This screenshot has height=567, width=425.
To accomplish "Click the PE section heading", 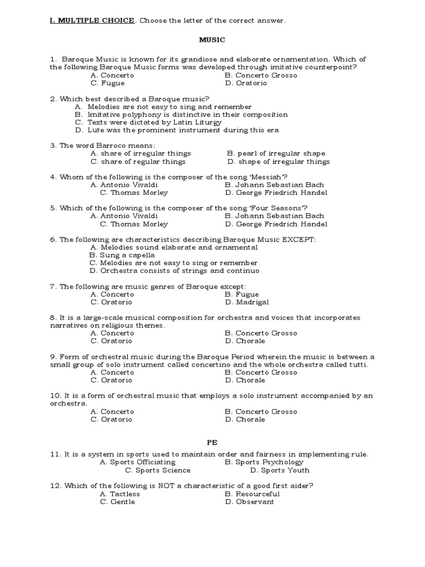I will point(212,442).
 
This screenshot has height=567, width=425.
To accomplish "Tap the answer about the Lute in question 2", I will point(177,130).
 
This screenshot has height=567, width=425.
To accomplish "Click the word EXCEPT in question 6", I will point(298,239).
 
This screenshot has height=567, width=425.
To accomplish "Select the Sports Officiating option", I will point(137,462).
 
